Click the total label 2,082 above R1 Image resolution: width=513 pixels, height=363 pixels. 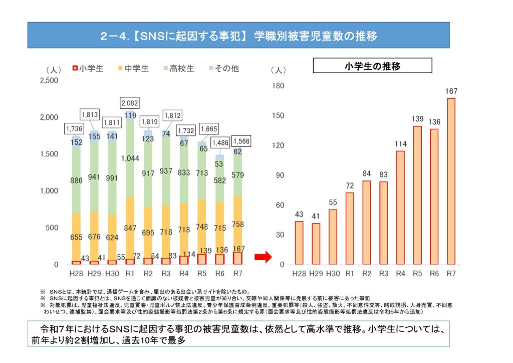pyautogui.click(x=129, y=103)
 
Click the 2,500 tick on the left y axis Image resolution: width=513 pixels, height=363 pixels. pyautogui.click(x=49, y=80)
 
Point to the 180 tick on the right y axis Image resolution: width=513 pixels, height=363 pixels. pyautogui.click(x=278, y=86)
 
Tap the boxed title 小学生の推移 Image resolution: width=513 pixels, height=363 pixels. pyautogui.click(x=372, y=66)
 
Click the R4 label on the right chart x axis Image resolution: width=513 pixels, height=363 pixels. pyautogui.click(x=400, y=274)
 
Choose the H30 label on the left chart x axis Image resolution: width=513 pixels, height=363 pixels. pyautogui.click(x=111, y=274)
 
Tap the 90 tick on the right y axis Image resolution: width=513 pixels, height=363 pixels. pyautogui.click(x=280, y=175)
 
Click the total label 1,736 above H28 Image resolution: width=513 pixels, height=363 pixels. pyautogui.click(x=74, y=129)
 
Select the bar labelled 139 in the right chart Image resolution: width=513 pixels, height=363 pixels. pyautogui.click(x=417, y=195)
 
